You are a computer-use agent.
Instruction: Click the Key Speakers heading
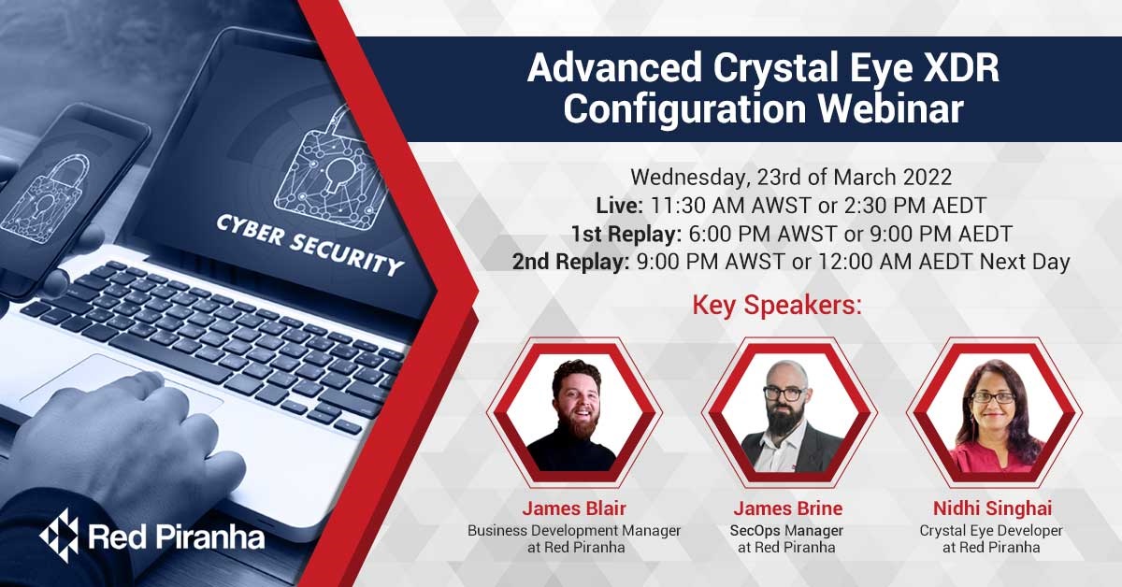click(x=775, y=306)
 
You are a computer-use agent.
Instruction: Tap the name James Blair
click(x=573, y=508)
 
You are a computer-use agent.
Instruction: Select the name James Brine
click(x=787, y=508)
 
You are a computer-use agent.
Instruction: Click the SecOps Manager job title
click(x=788, y=530)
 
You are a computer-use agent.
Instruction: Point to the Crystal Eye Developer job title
click(x=990, y=530)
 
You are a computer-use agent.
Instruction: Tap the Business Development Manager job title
click(x=573, y=530)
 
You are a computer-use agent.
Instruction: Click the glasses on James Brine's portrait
click(x=784, y=393)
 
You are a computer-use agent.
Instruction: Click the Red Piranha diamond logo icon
click(x=58, y=536)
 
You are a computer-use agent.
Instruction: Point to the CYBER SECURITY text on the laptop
click(x=309, y=246)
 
